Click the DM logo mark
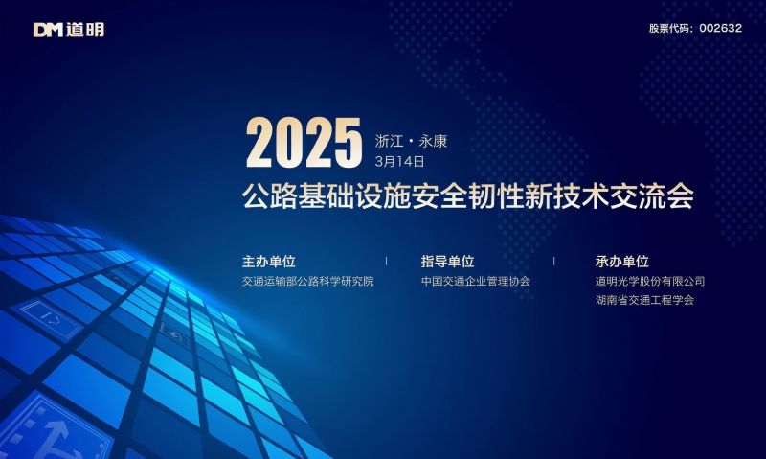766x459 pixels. pyautogui.click(x=49, y=30)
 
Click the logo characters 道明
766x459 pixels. pyautogui.click(x=85, y=30)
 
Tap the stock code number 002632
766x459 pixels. pyautogui.click(x=720, y=28)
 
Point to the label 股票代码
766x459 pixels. pyautogui.click(x=670, y=28)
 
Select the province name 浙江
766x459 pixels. pyautogui.click(x=389, y=142)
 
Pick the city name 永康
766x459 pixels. pyautogui.click(x=433, y=142)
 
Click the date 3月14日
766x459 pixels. pyautogui.click(x=399, y=161)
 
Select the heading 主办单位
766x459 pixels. pyautogui.click(x=269, y=261)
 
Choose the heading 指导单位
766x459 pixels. pyautogui.click(x=447, y=261)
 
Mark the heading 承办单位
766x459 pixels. pyautogui.click(x=621, y=261)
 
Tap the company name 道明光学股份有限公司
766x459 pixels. pyautogui.click(x=649, y=282)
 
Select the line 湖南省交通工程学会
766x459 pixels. pyautogui.click(x=643, y=300)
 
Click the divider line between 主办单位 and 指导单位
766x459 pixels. pyautogui.click(x=386, y=261)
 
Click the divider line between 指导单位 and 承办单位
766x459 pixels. pyautogui.click(x=553, y=261)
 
